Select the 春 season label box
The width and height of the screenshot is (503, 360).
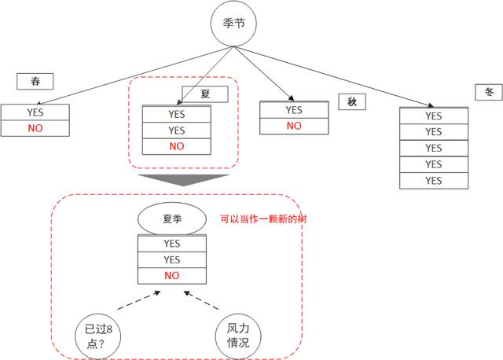tap(35, 82)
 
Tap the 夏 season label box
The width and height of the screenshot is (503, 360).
tap(205, 94)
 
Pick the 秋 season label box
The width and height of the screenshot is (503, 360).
tap(352, 102)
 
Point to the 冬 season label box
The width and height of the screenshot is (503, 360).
tap(489, 92)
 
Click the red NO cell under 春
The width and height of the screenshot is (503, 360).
tap(35, 128)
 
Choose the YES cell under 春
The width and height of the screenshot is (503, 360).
tap(35, 112)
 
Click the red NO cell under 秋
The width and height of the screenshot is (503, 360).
tap(294, 126)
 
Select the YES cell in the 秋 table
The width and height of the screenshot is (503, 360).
tap(294, 110)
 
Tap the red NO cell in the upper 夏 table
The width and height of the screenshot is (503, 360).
tap(176, 147)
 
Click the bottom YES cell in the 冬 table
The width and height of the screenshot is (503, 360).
tap(434, 181)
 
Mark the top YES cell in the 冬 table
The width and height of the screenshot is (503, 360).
tap(434, 116)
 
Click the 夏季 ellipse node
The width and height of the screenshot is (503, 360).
tap(171, 219)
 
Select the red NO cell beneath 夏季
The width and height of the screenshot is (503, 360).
tap(171, 276)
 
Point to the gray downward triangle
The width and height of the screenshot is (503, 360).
tap(183, 180)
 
